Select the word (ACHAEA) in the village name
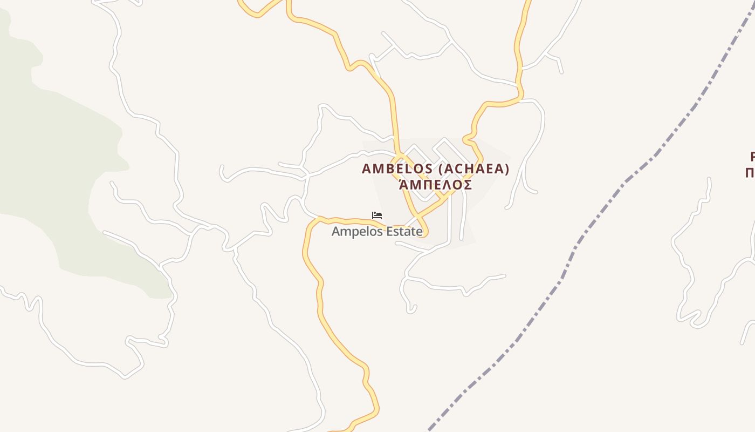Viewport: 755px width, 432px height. (x=474, y=169)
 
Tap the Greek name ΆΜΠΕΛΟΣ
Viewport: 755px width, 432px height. (x=436, y=185)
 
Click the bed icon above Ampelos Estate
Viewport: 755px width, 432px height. (x=377, y=215)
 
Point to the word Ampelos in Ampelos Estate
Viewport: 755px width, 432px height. (x=353, y=232)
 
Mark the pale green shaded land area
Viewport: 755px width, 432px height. (x=59, y=162)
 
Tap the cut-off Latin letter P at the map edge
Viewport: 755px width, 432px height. (x=752, y=157)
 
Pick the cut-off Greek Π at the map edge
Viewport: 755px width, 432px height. (x=750, y=173)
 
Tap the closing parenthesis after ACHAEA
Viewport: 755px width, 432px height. (x=507, y=169)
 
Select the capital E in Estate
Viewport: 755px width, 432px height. (x=383, y=232)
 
